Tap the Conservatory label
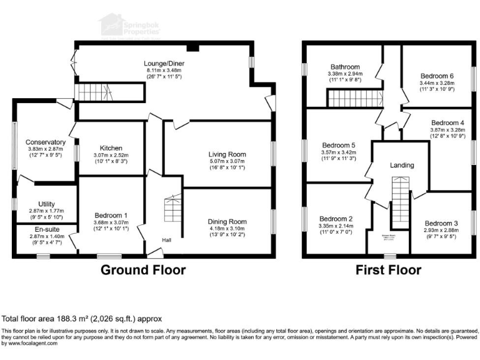coord(42,142)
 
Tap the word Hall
coord(166,239)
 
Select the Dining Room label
coord(227,221)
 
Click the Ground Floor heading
coord(144,270)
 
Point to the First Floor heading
coord(388,270)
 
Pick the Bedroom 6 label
coord(437,76)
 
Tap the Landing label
coord(402,166)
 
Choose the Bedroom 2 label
coord(336,217)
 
